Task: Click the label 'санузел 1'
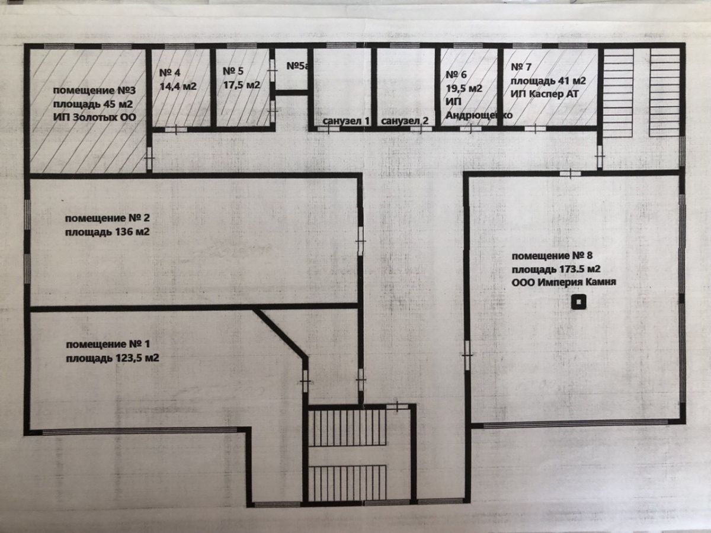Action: tap(346, 121)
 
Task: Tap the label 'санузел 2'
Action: tap(405, 121)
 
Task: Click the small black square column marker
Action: tap(578, 302)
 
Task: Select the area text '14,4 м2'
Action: tap(178, 86)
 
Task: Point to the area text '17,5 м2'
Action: tap(242, 85)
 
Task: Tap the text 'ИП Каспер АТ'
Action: tap(545, 94)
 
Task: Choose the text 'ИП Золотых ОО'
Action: tap(95, 117)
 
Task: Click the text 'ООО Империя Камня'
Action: tap(564, 282)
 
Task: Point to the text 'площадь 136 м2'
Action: tap(107, 232)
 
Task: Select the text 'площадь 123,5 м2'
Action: tap(113, 358)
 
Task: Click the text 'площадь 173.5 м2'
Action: tap(556, 269)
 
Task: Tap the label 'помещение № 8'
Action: tap(552, 256)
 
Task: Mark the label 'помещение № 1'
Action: tap(108, 344)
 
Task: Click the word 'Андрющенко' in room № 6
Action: tap(479, 115)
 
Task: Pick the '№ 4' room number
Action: tap(169, 72)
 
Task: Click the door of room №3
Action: tap(149, 158)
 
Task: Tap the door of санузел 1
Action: tap(328, 129)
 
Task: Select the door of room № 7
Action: tap(535, 129)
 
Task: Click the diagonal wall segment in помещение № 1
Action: tap(280, 333)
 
